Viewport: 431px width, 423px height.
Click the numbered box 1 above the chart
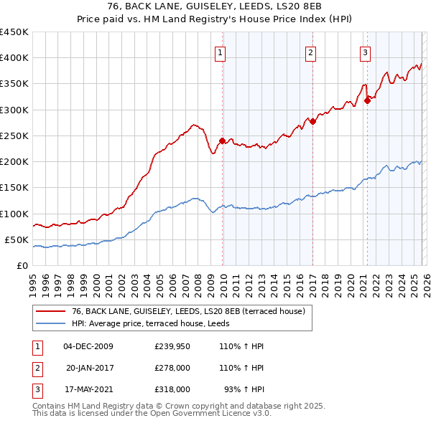pos(220,52)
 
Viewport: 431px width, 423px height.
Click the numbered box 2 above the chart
pos(310,52)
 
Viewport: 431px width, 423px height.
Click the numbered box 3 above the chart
pos(365,52)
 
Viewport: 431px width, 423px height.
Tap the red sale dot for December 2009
pos(222,141)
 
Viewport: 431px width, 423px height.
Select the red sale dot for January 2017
pos(312,121)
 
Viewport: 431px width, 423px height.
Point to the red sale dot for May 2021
pos(367,100)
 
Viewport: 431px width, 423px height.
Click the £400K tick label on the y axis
pos(14,58)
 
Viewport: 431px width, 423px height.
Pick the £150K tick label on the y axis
pos(14,188)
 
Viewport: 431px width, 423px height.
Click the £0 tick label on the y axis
pos(22,265)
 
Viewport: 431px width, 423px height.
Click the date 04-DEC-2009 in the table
pos(88,346)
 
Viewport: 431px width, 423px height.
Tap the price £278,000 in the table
pos(172,367)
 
